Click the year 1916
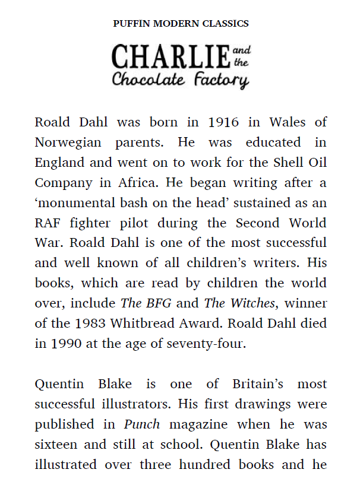coord(223,123)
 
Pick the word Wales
coord(288,123)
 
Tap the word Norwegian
coord(68,143)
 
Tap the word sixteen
coord(58,445)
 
